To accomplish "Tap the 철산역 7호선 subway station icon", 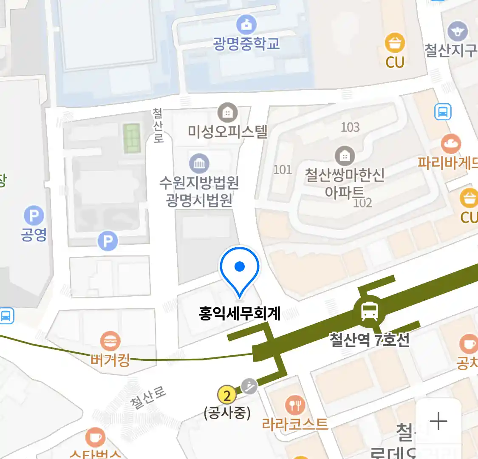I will (369, 311).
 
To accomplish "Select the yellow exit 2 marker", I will (227, 396).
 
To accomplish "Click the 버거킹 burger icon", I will (110, 342).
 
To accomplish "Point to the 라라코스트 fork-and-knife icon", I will (295, 405).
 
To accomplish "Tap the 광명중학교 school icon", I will (246, 25).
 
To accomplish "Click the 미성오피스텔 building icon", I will (228, 113).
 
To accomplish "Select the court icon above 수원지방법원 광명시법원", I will (199, 164).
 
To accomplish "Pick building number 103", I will (350, 127).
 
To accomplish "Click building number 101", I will (283, 170).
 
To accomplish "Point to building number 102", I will (362, 203).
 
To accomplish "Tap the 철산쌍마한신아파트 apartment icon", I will (345, 156).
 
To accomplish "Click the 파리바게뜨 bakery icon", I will (451, 144).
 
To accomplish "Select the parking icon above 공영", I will (34, 216).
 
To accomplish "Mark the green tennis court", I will (132, 138).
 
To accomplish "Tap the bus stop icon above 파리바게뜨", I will (443, 112).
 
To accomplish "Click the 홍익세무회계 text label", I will (240, 314).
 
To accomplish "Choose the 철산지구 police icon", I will (458, 32).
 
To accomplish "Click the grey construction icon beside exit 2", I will (249, 386).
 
